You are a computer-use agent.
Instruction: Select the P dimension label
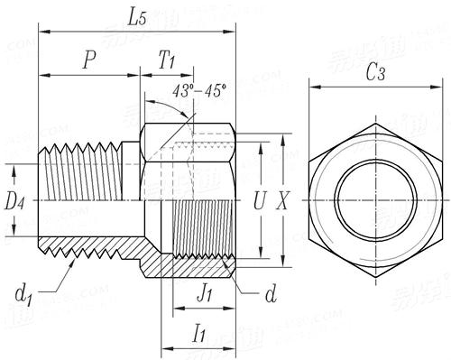coord(88,60)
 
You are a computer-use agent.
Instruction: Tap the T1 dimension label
coord(167,60)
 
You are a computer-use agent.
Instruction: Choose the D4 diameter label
coord(14,201)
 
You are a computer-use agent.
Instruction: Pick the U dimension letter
coord(259,203)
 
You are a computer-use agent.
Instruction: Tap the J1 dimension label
coord(205,292)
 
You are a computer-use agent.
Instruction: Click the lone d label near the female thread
coord(271,295)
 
